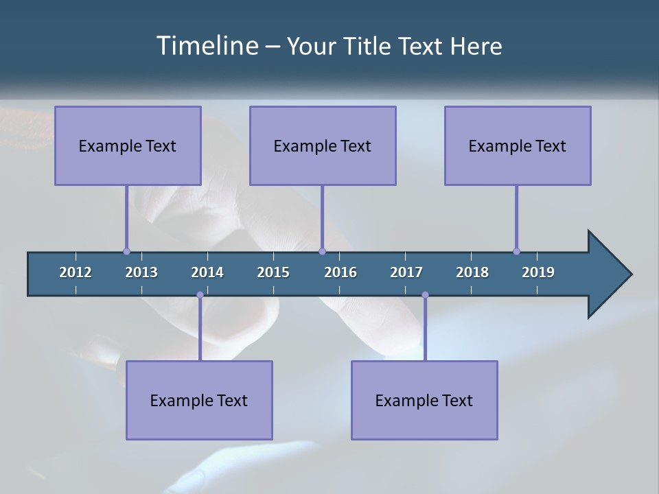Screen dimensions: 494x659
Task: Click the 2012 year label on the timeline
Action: [x=76, y=272]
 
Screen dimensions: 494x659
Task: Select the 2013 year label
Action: [x=141, y=272]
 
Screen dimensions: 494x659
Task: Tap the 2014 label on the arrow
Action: [x=207, y=272]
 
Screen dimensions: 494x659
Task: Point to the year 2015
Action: [x=273, y=272]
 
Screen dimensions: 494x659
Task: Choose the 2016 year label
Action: [x=340, y=272]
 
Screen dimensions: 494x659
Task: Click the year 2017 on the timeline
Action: [x=406, y=272]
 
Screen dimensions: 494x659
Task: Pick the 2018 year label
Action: [x=472, y=272]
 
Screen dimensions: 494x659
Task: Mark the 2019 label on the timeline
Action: [x=538, y=272]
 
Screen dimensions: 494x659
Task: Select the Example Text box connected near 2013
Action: [x=128, y=145]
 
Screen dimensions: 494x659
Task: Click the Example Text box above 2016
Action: [x=323, y=145]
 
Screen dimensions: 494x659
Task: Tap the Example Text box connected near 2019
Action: [x=518, y=145]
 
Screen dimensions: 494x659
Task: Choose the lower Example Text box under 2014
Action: [x=199, y=400]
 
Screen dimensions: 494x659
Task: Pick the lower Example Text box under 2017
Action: [x=424, y=400]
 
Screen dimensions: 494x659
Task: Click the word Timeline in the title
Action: [x=207, y=46]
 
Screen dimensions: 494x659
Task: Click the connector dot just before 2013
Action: [x=126, y=251]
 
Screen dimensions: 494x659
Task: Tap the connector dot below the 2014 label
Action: [x=200, y=295]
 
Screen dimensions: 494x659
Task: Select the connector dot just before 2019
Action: [x=516, y=251]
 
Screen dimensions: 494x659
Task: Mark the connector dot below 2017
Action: [x=425, y=295]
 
